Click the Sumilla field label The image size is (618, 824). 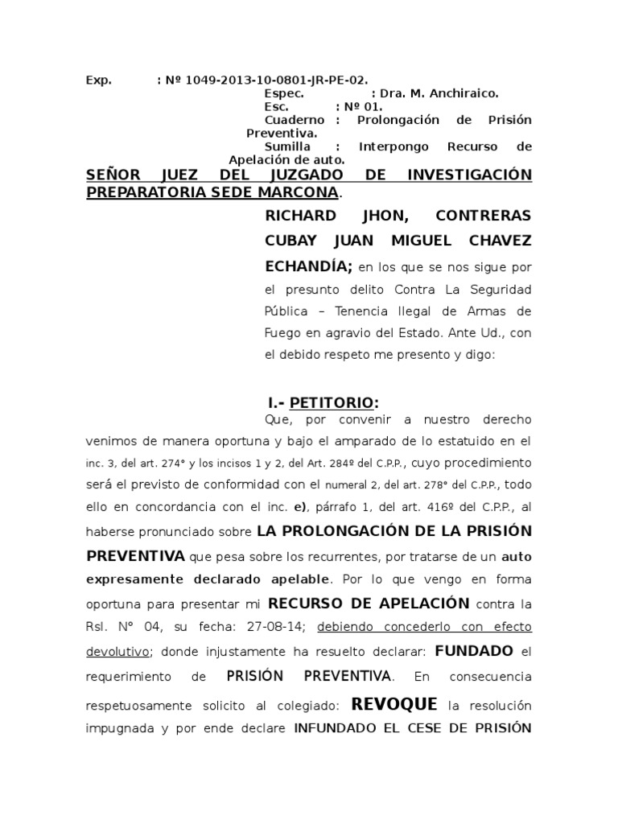click(x=286, y=146)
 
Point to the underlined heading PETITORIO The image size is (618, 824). click(x=332, y=402)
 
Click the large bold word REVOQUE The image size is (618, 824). click(x=394, y=705)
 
